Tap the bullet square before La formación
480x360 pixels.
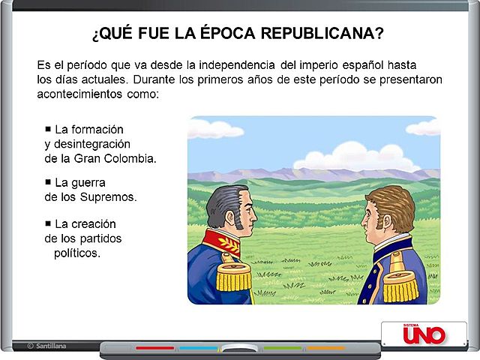48,128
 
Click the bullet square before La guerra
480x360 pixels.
48,181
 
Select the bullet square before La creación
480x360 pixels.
48,223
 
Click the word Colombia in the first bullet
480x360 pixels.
133,158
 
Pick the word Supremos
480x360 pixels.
112,197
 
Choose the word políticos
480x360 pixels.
77,253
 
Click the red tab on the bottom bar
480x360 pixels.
154,348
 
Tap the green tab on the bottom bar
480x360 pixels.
283,348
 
